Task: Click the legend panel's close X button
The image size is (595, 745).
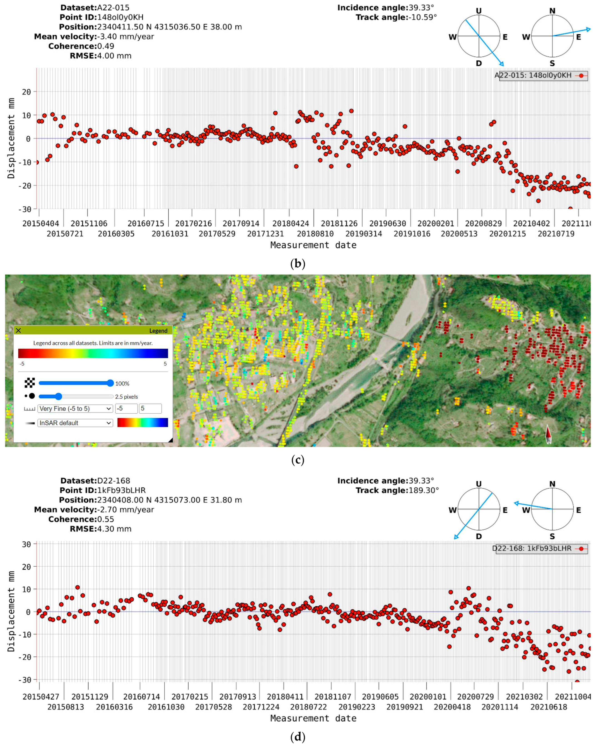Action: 18,330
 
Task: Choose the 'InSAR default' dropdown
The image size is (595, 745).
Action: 75,423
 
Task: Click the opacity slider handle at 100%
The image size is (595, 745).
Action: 110,383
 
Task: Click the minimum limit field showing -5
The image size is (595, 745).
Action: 126,408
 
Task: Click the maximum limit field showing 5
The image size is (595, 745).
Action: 150,408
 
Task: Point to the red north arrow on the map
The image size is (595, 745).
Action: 548,434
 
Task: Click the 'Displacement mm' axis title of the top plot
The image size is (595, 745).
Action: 11,138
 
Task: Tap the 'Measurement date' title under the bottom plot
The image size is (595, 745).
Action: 313,718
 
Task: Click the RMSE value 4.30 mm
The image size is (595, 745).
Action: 114,529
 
